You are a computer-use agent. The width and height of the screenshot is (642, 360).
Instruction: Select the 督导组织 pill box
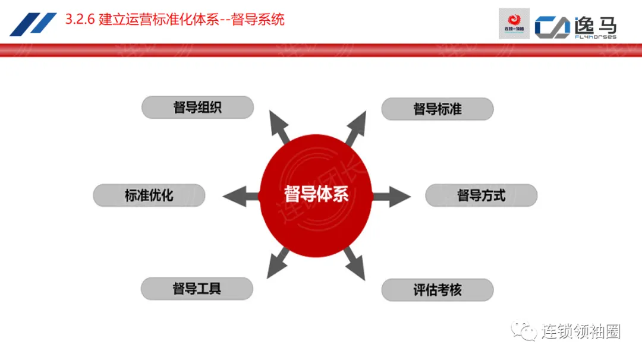point(197,108)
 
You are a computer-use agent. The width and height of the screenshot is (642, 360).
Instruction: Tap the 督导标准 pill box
point(437,109)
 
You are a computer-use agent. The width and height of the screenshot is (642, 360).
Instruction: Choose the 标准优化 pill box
point(149,195)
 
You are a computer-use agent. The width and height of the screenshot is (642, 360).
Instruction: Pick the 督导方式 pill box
point(481,195)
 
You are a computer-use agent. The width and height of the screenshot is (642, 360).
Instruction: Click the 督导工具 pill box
point(197,289)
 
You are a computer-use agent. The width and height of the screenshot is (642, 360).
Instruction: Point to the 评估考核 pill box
point(437,290)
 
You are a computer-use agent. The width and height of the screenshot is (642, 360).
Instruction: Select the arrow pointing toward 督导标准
point(355,127)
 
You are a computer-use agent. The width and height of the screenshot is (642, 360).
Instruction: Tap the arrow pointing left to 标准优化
point(240,195)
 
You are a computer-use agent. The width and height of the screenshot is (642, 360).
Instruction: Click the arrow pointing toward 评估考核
point(354,264)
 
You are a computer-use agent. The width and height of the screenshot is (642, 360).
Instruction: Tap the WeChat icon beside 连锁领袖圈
point(525,331)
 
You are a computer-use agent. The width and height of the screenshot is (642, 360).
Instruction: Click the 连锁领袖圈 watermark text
point(580,331)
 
